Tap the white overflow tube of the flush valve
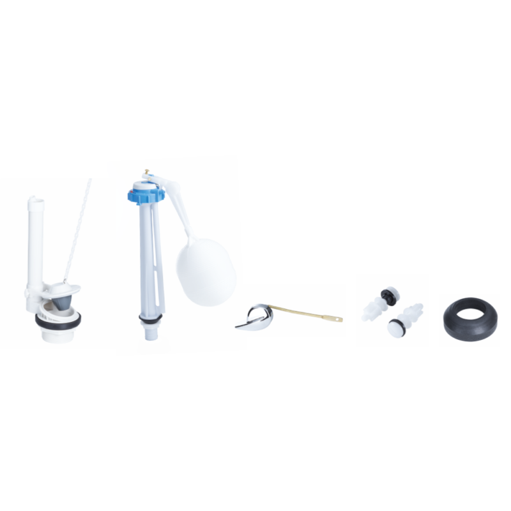click(x=35, y=243)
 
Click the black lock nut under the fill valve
click(x=152, y=345)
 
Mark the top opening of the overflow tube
click(x=35, y=201)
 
